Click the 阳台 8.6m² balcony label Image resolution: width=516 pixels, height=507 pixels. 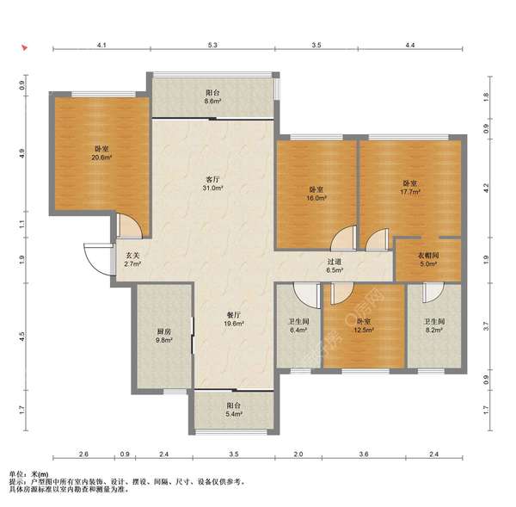pos(212,97)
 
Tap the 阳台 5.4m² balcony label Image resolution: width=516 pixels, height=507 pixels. pos(234,410)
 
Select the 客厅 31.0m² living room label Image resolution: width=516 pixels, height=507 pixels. pos(212,184)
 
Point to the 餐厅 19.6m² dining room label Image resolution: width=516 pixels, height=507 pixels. pos(234,319)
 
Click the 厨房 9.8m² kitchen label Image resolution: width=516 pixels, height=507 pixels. pos(163,336)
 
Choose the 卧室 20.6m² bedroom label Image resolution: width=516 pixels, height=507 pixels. pos(101,153)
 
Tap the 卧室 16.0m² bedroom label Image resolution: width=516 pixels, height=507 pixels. pos(316,194)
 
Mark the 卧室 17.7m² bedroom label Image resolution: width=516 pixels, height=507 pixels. pos(409,187)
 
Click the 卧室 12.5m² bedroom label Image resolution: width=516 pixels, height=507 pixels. pos(363,325)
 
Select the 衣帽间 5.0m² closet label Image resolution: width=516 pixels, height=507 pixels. pos(428,259)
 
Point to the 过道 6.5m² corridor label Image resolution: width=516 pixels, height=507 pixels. pos(335,266)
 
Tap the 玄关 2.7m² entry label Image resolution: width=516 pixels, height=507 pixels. pos(132,259)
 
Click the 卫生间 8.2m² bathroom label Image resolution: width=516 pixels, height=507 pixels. pos(434,325)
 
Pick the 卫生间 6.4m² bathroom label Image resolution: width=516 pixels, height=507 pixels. pos(298,325)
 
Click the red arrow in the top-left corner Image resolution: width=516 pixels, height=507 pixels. pos(24,47)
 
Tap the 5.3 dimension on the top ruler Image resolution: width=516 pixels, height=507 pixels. pos(212,45)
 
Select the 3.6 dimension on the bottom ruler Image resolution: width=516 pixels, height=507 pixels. pos(364,454)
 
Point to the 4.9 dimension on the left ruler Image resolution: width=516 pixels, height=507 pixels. pos(21,153)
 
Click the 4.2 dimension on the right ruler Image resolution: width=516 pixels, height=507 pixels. pos(486,189)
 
